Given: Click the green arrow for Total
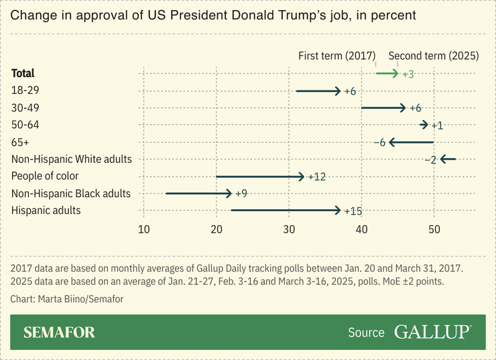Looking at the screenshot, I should coord(387,73).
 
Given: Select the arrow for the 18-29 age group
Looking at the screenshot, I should coord(318,91).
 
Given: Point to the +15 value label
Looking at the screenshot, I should coord(353,211).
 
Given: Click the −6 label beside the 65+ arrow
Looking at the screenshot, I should coord(379,142).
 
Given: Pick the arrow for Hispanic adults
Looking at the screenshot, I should coord(286,211).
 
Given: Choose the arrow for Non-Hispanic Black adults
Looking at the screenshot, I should coord(198,193).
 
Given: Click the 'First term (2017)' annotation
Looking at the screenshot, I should coord(336,56).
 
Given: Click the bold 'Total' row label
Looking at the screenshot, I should coord(23,73).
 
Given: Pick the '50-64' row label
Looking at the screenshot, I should coord(25,125).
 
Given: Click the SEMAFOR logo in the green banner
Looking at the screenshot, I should coord(59,333).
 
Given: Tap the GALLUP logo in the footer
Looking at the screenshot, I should coord(432,333).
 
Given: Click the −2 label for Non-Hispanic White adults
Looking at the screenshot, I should coord(430,160).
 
